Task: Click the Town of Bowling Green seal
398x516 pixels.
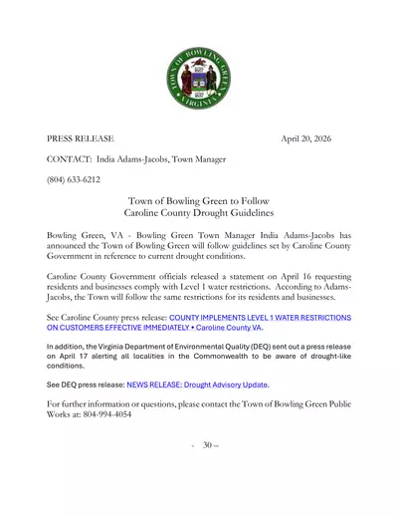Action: pos(198,79)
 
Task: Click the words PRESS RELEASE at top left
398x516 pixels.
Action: pos(81,138)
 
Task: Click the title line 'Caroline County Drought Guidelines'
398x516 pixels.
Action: pos(198,213)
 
